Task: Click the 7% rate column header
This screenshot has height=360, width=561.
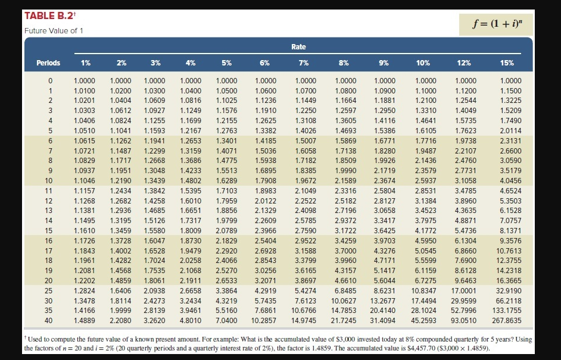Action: pyautogui.click(x=303, y=62)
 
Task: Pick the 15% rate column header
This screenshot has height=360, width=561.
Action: pyautogui.click(x=507, y=62)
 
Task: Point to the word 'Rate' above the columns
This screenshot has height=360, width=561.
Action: pyautogui.click(x=299, y=46)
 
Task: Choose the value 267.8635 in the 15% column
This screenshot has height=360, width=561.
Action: pyautogui.click(x=507, y=320)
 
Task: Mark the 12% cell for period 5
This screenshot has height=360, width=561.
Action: pyautogui.click(x=465, y=130)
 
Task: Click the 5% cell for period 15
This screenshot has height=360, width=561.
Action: pyautogui.click(x=226, y=230)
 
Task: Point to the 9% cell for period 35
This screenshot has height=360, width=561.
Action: pyautogui.click(x=384, y=310)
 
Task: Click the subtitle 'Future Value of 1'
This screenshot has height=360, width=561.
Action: pyautogui.click(x=54, y=31)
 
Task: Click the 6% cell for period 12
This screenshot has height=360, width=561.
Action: pyautogui.click(x=265, y=201)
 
